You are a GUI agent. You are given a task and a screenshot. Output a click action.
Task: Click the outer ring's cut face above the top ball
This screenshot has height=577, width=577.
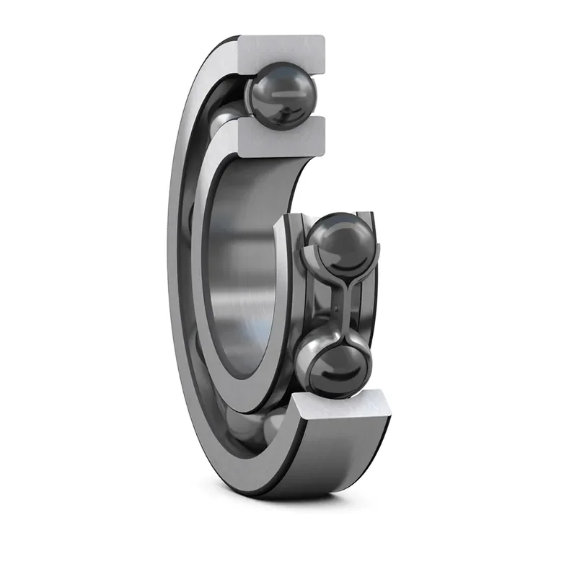[x=285, y=49]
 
